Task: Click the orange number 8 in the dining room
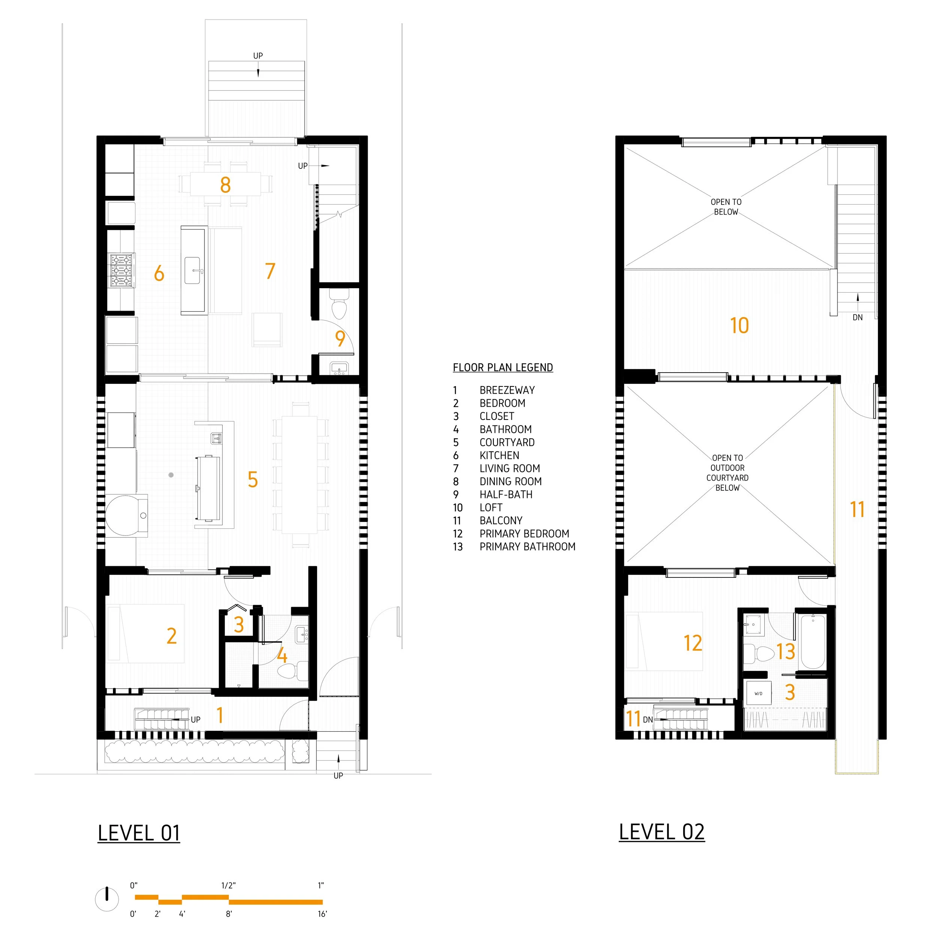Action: [225, 185]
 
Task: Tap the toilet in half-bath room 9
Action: [339, 304]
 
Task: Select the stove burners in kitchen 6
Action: [121, 271]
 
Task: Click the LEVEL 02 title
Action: [661, 832]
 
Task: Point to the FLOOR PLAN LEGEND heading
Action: [502, 368]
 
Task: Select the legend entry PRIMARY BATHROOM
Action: [527, 547]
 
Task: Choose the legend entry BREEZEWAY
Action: [507, 390]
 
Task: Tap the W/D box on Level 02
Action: [758, 693]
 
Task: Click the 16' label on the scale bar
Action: [322, 914]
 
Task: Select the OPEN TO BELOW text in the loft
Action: [726, 207]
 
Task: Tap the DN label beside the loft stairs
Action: [857, 317]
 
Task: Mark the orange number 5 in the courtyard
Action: [253, 480]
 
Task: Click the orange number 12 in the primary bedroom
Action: [693, 643]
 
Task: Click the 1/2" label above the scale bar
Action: [228, 885]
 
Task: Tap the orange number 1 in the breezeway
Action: [220, 715]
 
